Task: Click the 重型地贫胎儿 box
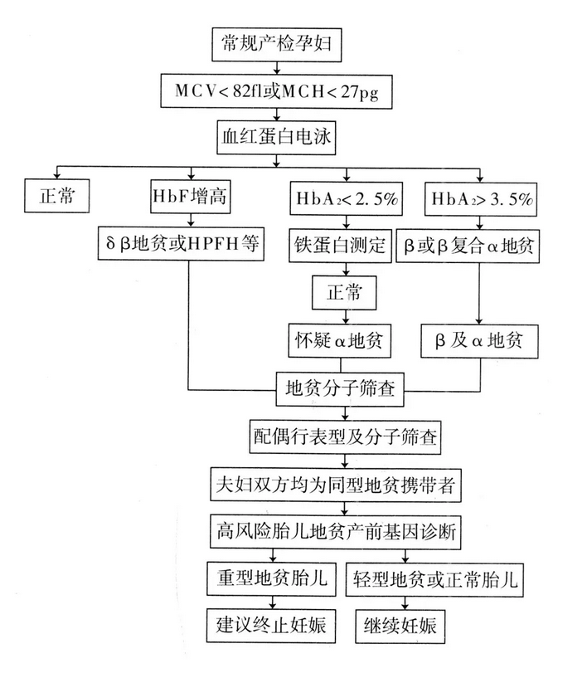tap(267, 578)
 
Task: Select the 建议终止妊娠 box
tap(267, 624)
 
